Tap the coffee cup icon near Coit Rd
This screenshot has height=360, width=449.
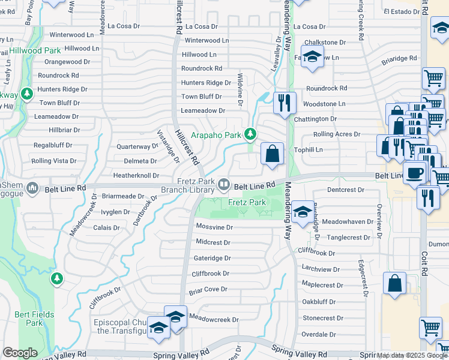[x=414, y=173]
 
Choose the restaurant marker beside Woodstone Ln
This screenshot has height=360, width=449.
[x=285, y=103]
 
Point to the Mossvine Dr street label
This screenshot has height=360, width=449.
[x=214, y=228]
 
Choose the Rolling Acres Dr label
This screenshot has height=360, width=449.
[x=337, y=134]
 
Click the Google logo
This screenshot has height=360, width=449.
[x=20, y=353]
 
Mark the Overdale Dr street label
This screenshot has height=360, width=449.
[x=322, y=334]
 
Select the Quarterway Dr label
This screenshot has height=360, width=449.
[x=137, y=146]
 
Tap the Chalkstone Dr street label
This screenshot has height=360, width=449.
[x=325, y=43]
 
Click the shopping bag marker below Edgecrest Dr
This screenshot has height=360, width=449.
[x=394, y=284]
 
